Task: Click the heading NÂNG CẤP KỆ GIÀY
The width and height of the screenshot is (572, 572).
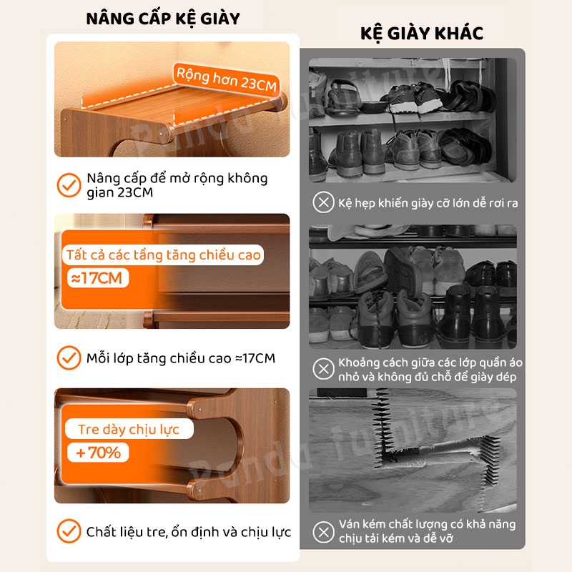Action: coord(163,19)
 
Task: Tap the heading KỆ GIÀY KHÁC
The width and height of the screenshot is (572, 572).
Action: coord(422,33)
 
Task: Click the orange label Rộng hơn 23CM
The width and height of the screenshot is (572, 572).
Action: coord(226,79)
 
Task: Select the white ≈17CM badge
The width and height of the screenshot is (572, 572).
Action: coord(98,278)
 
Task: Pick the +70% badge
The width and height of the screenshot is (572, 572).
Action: coord(98,453)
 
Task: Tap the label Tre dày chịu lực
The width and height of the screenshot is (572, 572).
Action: coord(129,429)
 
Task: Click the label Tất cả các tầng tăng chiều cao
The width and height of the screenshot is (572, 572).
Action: coord(163,255)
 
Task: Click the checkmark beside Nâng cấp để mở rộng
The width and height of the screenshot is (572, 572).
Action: coord(69,185)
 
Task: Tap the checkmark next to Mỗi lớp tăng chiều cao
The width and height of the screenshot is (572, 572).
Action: coord(69,358)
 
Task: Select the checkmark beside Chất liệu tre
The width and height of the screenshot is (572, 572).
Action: coord(69,531)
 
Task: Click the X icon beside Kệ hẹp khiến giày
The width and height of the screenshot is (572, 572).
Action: coord(324,202)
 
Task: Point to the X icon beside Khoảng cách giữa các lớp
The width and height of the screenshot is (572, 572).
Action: coord(324,369)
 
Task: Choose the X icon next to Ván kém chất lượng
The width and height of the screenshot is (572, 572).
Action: coord(324,532)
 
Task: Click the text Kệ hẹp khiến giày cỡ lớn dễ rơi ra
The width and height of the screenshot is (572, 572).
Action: coord(428,203)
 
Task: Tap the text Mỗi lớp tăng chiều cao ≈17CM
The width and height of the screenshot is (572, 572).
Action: coord(181,358)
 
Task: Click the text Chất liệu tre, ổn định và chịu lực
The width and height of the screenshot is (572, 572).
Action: coord(189,532)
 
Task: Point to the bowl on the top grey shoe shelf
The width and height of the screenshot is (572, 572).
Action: coord(373,106)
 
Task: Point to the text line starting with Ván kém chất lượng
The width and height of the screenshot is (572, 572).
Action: coord(427,524)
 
